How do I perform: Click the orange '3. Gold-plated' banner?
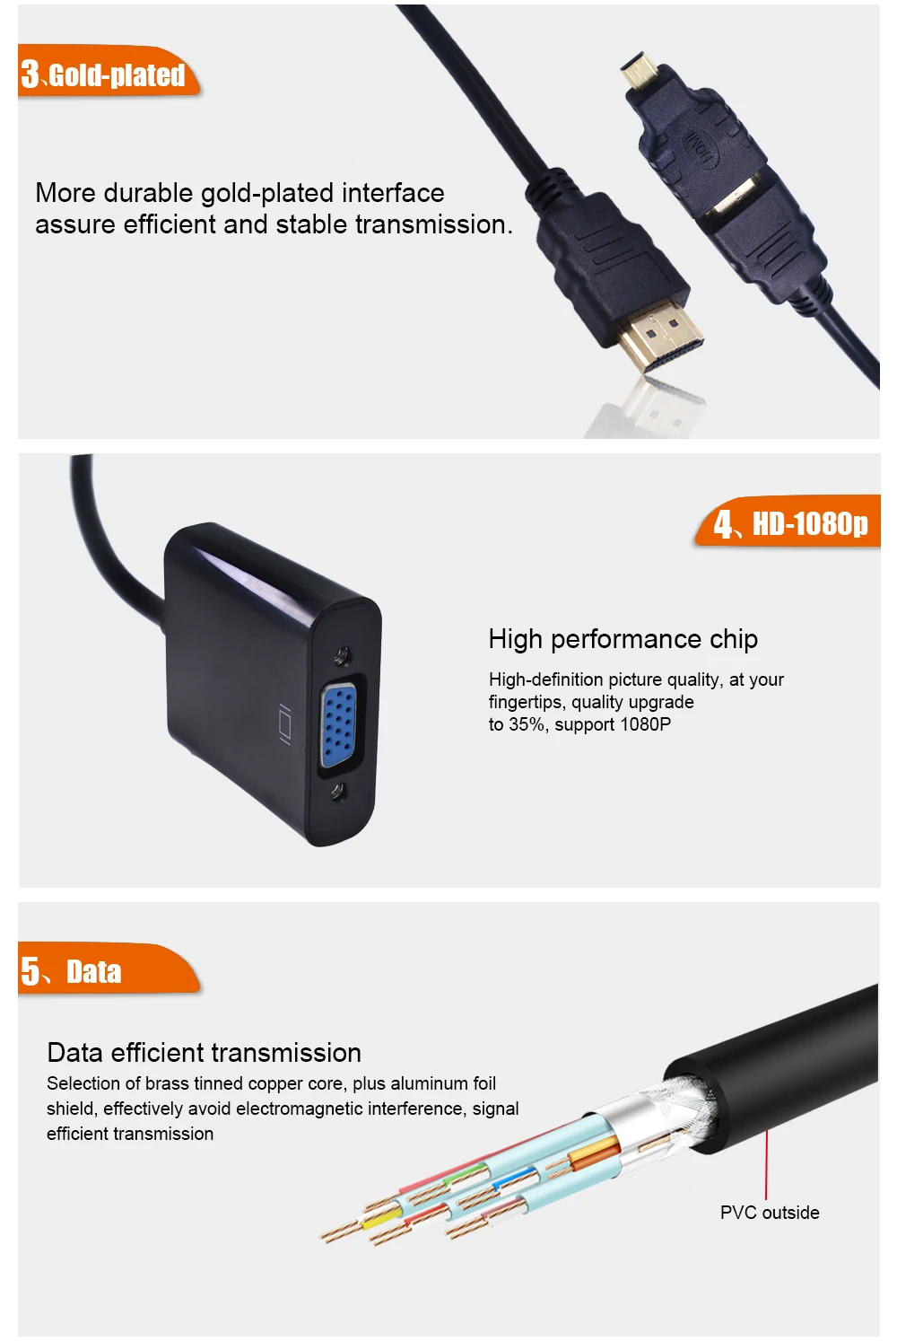click(x=109, y=71)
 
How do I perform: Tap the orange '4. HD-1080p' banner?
click(x=788, y=521)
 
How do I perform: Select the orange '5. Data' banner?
click(x=109, y=968)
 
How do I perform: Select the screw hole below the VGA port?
click(x=339, y=793)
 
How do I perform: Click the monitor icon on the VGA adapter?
click(x=285, y=724)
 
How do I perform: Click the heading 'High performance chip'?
click(x=623, y=639)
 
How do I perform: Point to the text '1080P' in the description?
click(x=646, y=724)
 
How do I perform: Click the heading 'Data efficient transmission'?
click(x=204, y=1053)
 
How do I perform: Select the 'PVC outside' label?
click(x=770, y=1213)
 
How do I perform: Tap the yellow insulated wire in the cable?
click(x=381, y=1218)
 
